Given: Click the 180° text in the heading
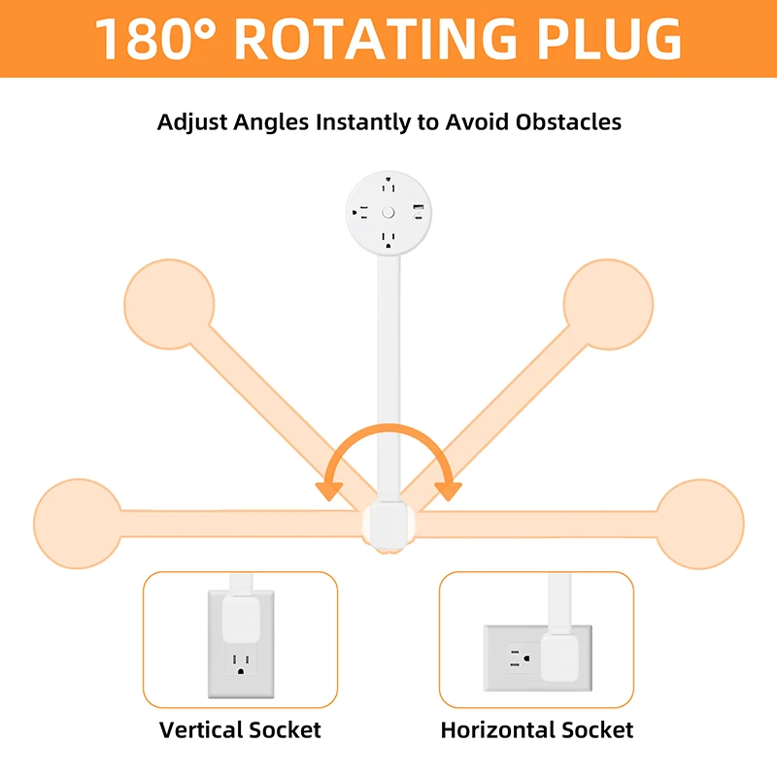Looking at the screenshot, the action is coord(155,39).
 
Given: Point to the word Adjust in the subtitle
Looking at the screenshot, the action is coord(192,122).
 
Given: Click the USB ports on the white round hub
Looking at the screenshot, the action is coord(419,212).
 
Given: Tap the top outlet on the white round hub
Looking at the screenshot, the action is coord(388,185).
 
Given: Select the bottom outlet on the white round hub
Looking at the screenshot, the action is coord(388,240).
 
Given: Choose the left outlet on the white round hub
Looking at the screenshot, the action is coord(360,213).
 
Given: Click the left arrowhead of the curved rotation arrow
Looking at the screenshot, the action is coord(329,491).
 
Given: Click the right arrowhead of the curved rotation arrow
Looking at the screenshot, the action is coord(449,491).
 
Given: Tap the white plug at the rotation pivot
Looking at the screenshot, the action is coord(388,527).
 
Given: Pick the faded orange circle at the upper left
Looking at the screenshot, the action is coord(169,304).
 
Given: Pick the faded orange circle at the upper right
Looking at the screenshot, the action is coord(608,304).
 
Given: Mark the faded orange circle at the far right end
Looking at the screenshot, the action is coord(699,524).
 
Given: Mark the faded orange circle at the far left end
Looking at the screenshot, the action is coord(78,524).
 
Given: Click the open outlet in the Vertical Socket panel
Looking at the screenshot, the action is coord(241,663).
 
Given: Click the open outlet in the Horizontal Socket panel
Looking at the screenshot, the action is coord(521,659).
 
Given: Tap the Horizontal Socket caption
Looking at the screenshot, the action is coord(537,730).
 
